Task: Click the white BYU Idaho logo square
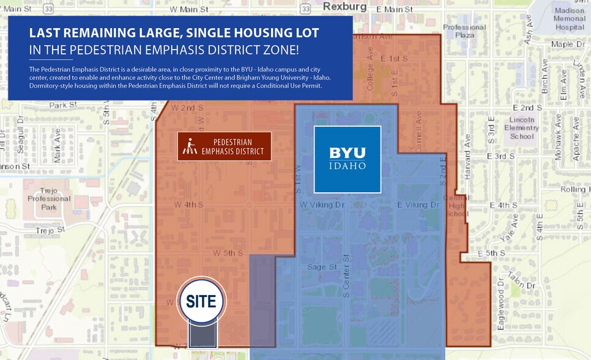(347, 159)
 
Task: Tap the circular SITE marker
(202, 301)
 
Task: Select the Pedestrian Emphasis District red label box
(224, 146)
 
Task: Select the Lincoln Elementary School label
(521, 127)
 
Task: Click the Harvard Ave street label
(467, 165)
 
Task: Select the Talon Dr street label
(521, 281)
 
